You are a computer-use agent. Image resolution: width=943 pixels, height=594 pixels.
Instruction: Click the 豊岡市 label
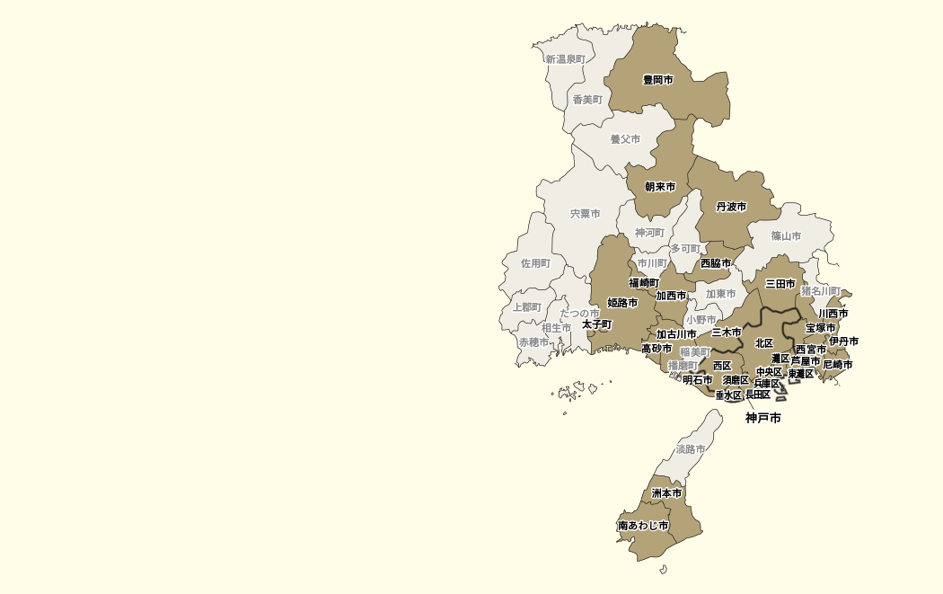657,80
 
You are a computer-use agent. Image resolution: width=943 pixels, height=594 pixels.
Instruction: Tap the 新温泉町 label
565,59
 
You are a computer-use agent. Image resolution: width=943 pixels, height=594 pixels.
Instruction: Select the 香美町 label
587,100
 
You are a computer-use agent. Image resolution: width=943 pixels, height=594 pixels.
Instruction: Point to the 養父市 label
625,139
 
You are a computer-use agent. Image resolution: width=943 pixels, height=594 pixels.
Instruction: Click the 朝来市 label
660,187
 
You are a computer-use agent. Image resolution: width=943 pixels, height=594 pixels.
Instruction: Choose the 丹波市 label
731,207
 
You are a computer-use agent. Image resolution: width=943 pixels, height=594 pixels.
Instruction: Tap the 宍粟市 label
585,214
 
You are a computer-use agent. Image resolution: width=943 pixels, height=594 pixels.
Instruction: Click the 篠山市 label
786,236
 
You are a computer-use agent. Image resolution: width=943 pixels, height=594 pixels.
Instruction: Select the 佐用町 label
535,263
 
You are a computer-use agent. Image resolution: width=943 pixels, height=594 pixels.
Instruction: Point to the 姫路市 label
622,303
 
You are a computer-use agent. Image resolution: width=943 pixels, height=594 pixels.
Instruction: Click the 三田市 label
780,284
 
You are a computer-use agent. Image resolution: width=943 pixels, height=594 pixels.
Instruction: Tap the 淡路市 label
691,448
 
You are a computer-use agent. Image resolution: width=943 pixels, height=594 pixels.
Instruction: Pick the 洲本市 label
666,493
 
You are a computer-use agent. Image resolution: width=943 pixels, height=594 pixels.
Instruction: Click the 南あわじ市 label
643,525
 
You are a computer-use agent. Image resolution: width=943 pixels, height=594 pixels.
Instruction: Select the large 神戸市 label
763,418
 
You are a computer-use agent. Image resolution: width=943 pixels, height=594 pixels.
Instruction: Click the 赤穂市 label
533,342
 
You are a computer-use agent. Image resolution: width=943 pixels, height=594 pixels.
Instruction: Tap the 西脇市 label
716,263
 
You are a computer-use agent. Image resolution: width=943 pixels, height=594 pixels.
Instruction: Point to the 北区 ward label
764,343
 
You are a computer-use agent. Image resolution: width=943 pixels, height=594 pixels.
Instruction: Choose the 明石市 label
697,380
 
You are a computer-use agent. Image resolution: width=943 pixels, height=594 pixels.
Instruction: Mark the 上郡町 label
527,307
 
